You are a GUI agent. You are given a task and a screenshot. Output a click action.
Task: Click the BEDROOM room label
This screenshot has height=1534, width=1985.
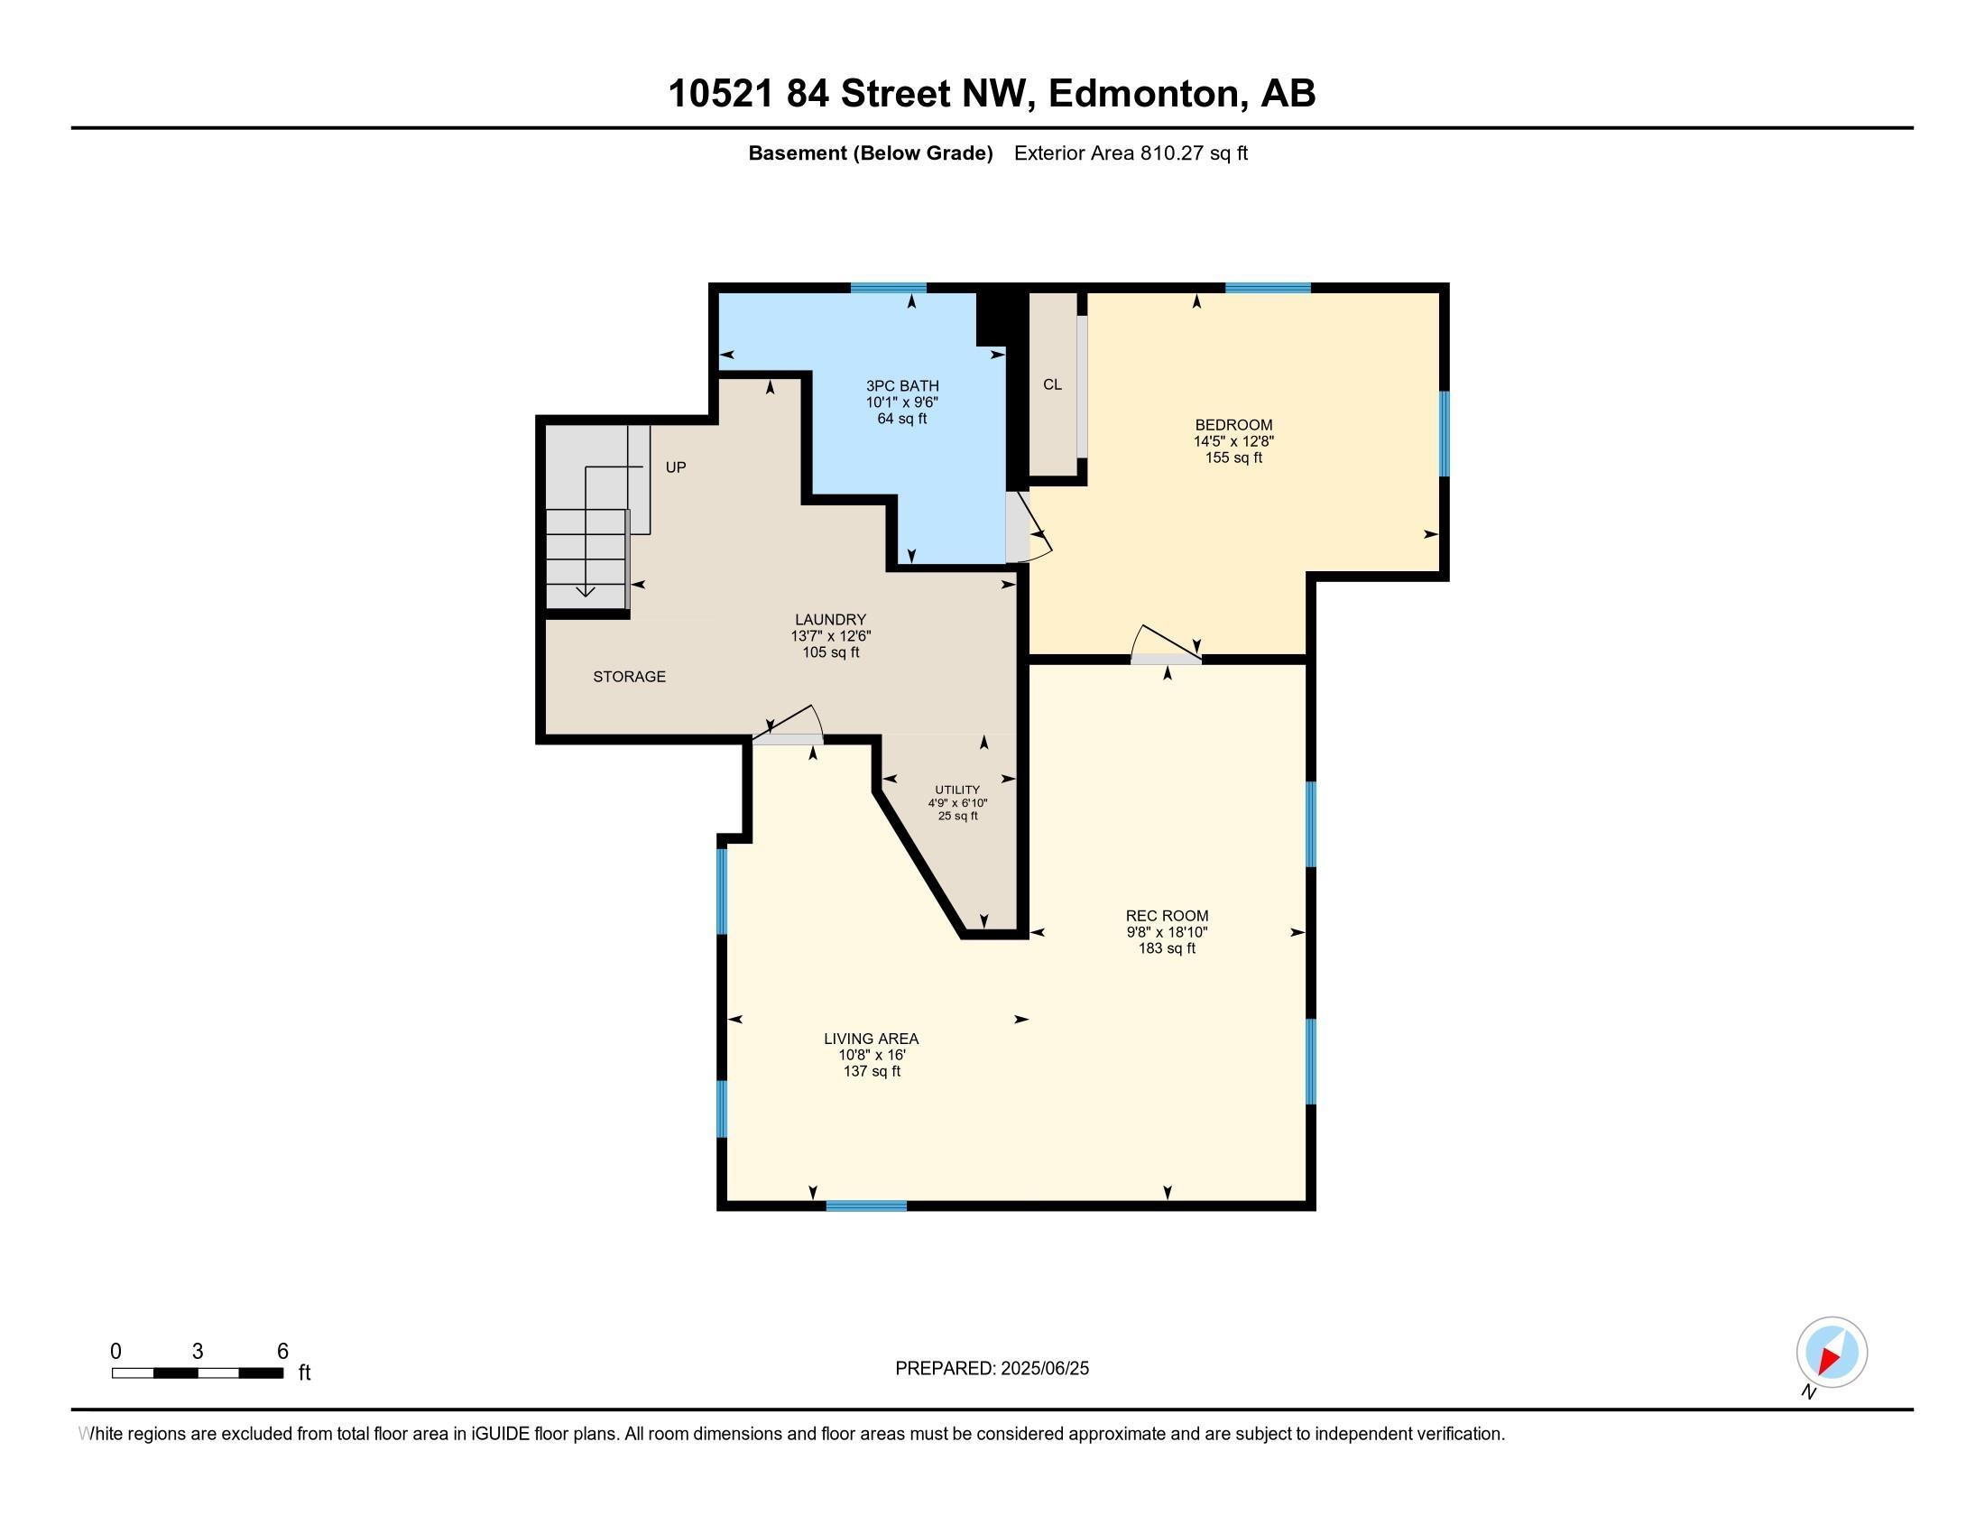coord(1233,424)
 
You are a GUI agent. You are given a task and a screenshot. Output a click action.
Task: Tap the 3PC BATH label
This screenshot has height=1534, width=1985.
coord(901,385)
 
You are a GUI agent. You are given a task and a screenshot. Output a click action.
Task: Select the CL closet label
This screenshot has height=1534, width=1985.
coord(1051,384)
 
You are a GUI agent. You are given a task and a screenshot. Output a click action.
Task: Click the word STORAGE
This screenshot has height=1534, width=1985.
coord(629,676)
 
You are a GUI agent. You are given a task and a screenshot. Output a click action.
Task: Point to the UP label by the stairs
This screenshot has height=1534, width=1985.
coord(675,467)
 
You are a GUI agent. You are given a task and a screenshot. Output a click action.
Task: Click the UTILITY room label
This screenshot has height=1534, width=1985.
coord(957,790)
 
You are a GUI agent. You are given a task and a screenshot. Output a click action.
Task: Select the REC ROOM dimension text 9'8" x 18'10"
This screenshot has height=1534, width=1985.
coord(1166,932)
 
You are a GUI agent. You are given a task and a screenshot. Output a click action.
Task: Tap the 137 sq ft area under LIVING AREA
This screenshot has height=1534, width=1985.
coord(872,1071)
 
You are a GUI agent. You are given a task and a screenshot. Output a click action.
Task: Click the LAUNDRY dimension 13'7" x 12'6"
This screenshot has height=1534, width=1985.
coord(830,636)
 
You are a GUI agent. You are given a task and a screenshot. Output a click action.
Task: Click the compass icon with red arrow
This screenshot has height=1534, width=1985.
coord(1832,1353)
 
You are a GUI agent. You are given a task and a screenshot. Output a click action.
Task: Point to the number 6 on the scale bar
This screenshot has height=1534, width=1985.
coord(282,1352)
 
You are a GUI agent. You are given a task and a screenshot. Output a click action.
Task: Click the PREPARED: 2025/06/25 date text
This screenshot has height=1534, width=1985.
coord(992,1369)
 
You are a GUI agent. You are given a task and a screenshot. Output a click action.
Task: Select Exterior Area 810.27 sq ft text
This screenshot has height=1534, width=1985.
coord(1130,153)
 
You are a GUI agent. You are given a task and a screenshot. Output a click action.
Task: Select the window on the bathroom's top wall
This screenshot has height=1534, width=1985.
coord(888,288)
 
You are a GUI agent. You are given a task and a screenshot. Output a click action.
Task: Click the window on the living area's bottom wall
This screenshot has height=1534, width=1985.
coord(865,1206)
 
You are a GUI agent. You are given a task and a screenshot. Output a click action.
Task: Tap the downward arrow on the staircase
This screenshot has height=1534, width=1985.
coord(586,591)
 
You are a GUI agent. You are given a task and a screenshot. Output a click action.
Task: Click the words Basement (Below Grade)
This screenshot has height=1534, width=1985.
coord(870,153)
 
